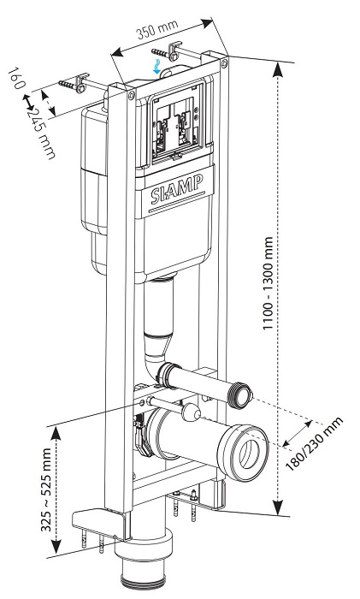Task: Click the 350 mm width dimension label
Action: pyautogui.click(x=157, y=29)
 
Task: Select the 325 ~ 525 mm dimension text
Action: pyautogui.click(x=46, y=489)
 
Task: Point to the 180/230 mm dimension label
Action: pyautogui.click(x=314, y=443)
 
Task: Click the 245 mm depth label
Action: pyautogui.click(x=41, y=133)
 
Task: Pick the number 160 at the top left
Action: pyautogui.click(x=16, y=78)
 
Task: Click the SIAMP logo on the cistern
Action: pyautogui.click(x=176, y=189)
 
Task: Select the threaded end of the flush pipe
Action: pyautogui.click(x=241, y=395)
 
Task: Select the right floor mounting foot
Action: pyautogui.click(x=198, y=497)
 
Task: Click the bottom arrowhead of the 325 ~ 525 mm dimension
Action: pyautogui.click(x=56, y=546)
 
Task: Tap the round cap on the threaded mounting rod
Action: pyautogui.click(x=191, y=412)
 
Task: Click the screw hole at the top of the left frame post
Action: pyautogui.click(x=131, y=95)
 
